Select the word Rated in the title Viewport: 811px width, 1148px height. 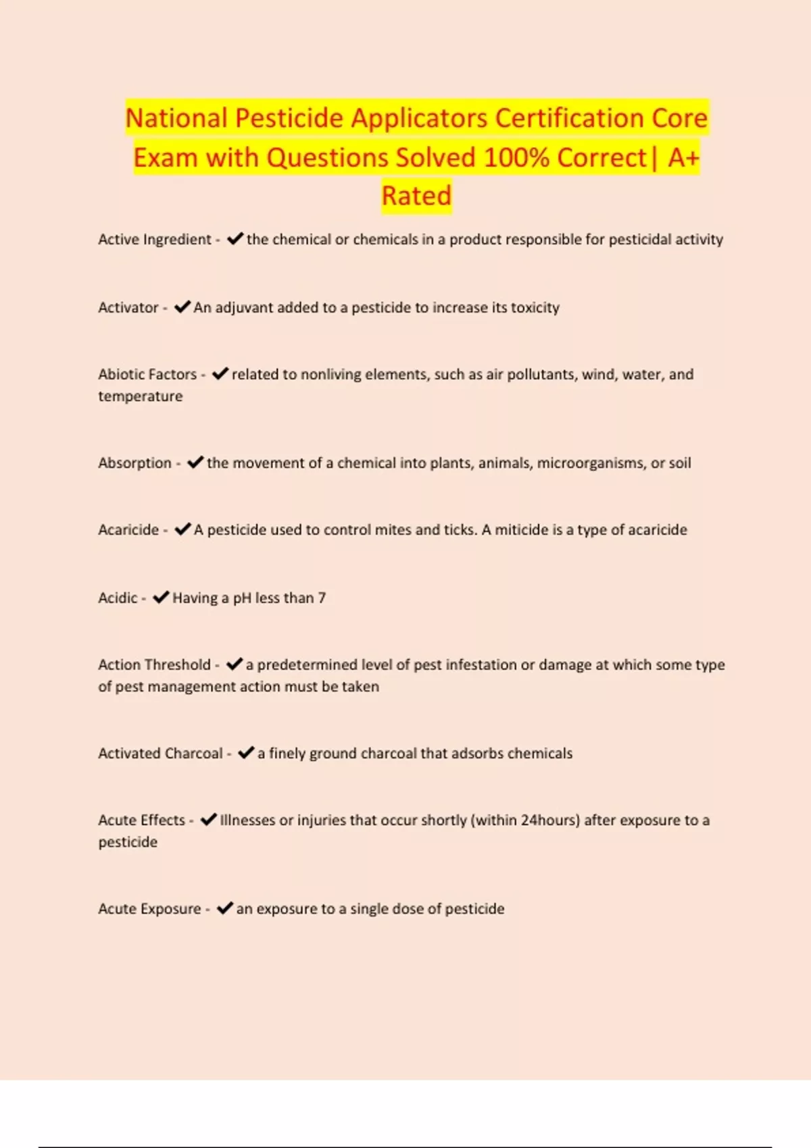416,196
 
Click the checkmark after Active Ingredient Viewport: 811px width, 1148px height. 235,239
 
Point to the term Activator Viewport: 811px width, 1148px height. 128,307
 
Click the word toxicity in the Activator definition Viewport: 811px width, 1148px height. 535,307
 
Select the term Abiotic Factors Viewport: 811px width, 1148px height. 147,374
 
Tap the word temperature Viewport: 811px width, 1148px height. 140,396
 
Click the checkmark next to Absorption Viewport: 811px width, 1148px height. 195,463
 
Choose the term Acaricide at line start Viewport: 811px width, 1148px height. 128,529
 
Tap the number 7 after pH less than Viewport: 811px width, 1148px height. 322,598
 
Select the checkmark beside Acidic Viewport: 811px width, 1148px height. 161,598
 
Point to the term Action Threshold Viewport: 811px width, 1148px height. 154,664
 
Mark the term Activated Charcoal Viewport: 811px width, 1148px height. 160,753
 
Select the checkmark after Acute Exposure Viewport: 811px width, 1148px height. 224,908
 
